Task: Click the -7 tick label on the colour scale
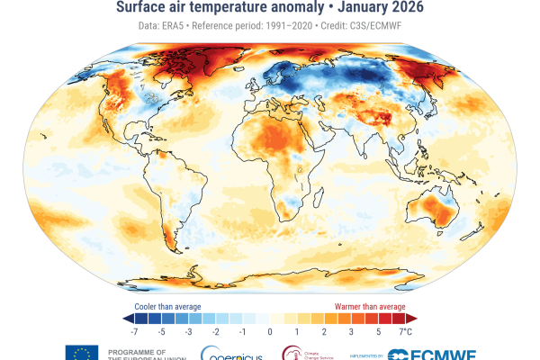click(133, 332)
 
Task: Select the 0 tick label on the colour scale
click(270, 332)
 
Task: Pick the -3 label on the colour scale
click(187, 332)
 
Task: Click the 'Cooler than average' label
click(163, 306)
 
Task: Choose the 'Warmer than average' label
click(374, 306)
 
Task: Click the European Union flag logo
click(80, 353)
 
